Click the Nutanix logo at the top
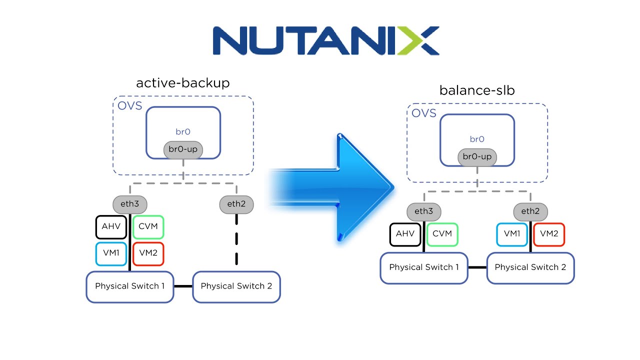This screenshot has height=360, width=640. click(325, 40)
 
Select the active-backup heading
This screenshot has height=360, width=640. click(182, 83)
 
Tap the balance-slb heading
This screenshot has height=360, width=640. click(477, 90)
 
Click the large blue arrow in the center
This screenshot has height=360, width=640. click(340, 187)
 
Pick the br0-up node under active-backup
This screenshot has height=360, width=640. click(183, 149)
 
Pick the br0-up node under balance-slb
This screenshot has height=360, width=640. click(477, 157)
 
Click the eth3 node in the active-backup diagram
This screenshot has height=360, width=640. click(129, 204)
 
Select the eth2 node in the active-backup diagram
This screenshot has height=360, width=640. click(236, 204)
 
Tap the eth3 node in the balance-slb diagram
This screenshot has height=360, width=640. click(423, 211)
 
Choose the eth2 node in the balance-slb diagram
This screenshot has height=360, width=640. click(530, 211)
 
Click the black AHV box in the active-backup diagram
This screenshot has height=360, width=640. click(111, 226)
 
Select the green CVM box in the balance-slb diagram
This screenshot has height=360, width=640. click(442, 234)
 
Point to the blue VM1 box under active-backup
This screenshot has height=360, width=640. click(111, 253)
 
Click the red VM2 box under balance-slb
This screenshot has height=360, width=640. click(549, 234)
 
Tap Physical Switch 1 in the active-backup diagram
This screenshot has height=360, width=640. click(130, 286)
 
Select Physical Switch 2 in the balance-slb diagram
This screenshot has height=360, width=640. click(530, 267)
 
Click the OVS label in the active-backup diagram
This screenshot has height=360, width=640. click(129, 105)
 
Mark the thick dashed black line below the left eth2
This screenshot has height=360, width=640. click(236, 240)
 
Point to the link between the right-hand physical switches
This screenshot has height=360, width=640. click(477, 267)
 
